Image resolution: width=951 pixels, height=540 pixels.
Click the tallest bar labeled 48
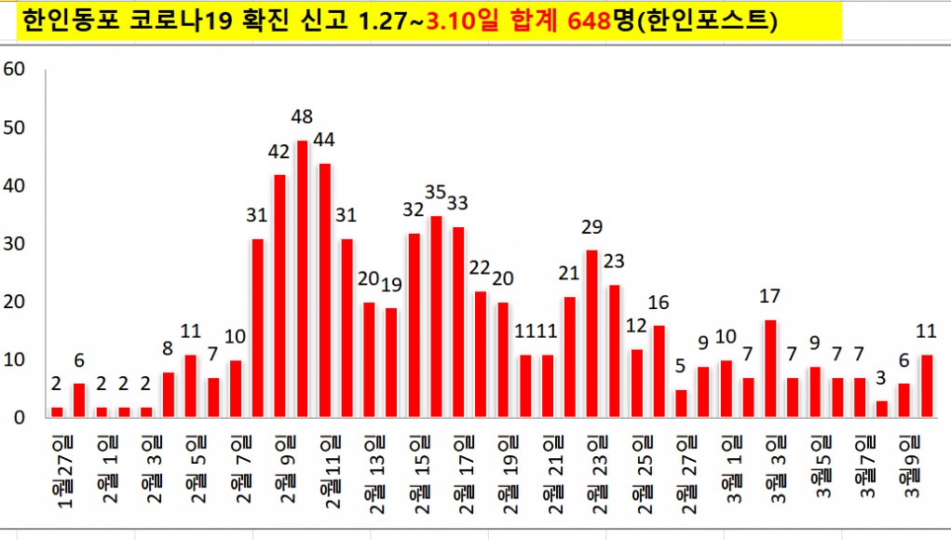[302, 278]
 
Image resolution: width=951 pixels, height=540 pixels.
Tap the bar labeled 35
[436, 317]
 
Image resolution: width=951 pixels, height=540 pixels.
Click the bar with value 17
[770, 369]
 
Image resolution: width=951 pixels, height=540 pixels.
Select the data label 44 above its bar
[324, 140]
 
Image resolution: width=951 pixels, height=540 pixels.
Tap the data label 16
[659, 303]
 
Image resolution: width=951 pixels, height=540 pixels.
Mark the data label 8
[168, 350]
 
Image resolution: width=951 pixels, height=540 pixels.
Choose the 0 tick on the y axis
[19, 417]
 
